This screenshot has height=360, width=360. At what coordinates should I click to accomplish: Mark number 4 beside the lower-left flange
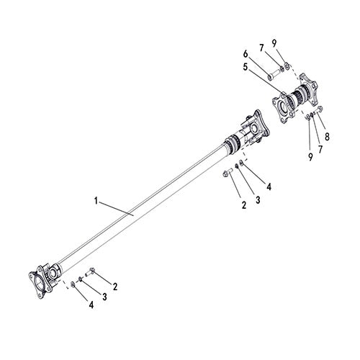coord(91,306)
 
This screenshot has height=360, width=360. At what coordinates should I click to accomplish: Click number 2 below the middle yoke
coord(243,205)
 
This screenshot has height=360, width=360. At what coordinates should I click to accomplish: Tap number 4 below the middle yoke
coord(269,186)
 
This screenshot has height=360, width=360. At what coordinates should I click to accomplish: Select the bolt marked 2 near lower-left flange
coord(91,272)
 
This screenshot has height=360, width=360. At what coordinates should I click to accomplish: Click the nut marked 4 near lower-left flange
coord(74,285)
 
